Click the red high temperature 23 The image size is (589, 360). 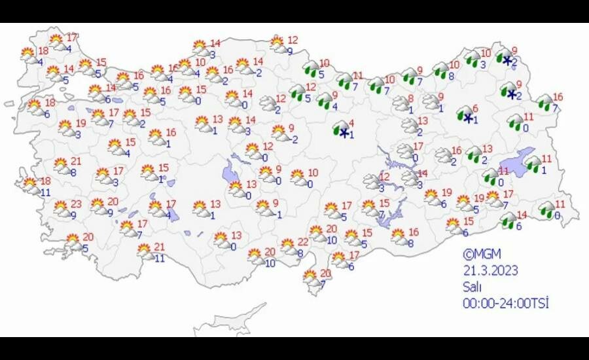coord(76,204)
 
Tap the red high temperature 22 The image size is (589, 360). coord(303,242)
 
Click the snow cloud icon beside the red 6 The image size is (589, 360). coord(465,115)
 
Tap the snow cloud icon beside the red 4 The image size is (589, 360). coord(340,129)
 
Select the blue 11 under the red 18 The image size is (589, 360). coord(45,193)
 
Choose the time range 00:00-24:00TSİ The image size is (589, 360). coord(505,303)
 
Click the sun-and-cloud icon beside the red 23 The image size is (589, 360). coord(61,209)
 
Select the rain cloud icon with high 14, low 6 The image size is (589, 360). coord(508,221)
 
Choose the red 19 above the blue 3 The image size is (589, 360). coord(80,123)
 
